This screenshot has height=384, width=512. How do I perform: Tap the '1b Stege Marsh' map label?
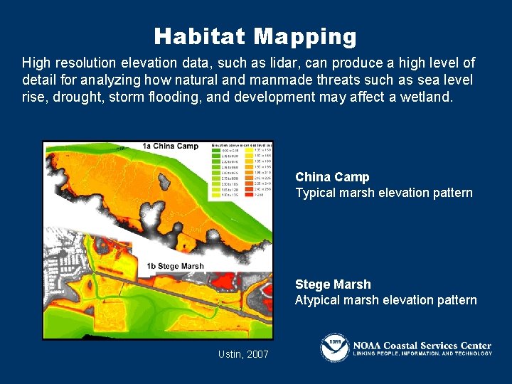pyautogui.click(x=175, y=267)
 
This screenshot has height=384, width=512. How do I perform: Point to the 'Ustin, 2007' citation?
pyautogui.click(x=243, y=353)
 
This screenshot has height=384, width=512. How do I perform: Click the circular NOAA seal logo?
pyautogui.click(x=334, y=347)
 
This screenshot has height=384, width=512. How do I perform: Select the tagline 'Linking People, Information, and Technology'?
pyautogui.click(x=422, y=353)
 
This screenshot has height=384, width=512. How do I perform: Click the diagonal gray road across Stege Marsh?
pyautogui.click(x=178, y=292)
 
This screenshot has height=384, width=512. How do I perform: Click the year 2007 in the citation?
pyautogui.click(x=257, y=353)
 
